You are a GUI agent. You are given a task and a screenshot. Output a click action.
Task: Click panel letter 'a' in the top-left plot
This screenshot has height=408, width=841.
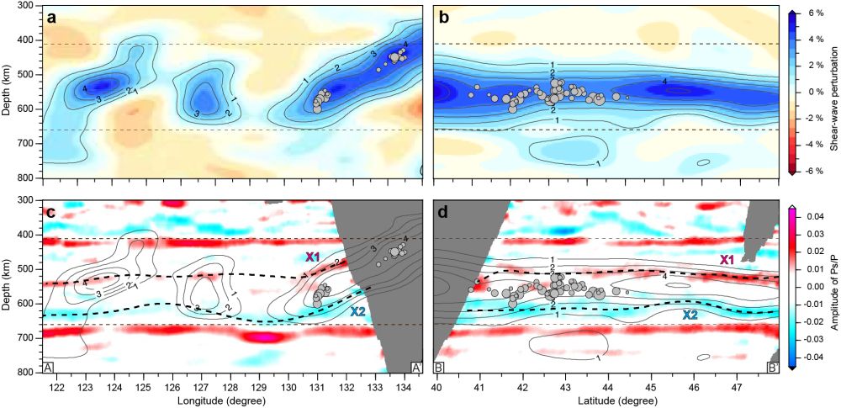(x=52, y=17)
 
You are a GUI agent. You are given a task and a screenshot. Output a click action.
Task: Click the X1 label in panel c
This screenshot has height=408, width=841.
(x=312, y=257)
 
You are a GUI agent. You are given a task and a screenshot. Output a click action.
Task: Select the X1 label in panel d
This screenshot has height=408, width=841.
(x=728, y=261)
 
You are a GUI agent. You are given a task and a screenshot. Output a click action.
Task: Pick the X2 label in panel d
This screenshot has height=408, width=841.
(x=690, y=314)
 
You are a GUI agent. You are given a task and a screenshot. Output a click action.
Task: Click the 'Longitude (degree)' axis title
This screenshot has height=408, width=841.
(x=232, y=400)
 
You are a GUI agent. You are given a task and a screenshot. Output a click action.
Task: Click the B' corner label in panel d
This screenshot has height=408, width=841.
(x=773, y=368)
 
